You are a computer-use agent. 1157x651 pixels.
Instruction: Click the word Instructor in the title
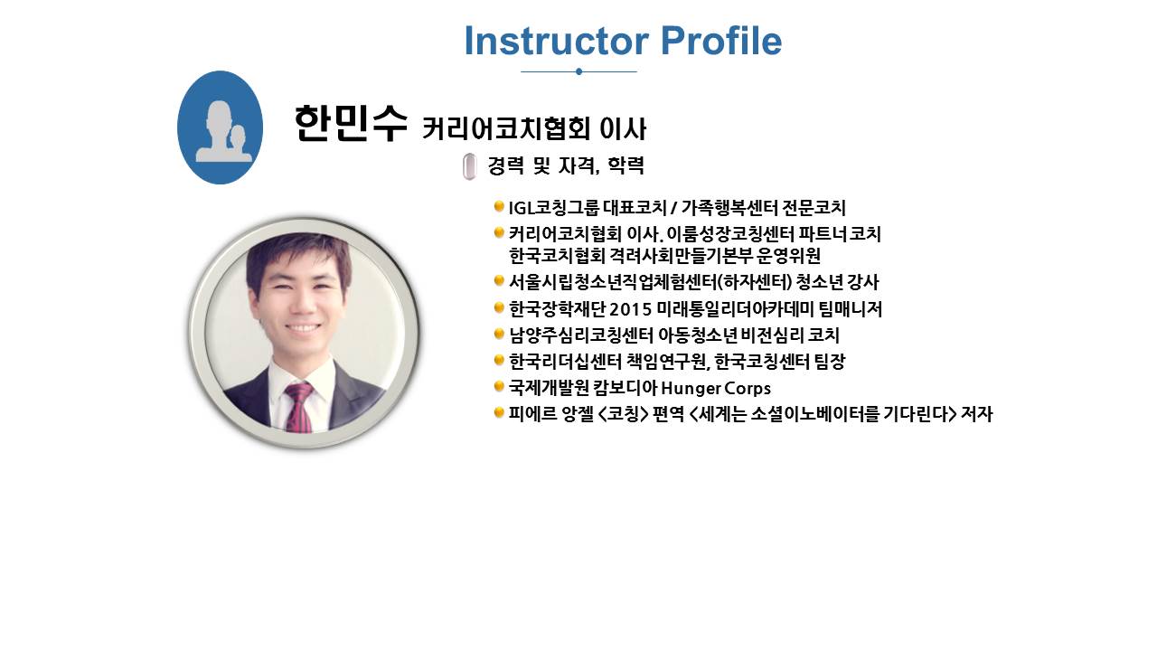coord(557,41)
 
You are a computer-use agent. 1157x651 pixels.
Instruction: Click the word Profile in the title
coord(721,41)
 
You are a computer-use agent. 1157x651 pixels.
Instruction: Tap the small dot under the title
coord(578,71)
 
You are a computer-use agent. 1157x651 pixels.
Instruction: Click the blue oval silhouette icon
coord(220,127)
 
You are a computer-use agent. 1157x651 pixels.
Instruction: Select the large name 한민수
coord(352,123)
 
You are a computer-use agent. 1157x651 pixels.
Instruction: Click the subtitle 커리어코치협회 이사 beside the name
coord(534,128)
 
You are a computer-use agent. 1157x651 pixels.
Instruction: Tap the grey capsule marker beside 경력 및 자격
coord(469,166)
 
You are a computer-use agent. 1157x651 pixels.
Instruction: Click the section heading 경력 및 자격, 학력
coord(566,165)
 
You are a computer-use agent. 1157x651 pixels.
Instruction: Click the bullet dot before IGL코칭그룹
coord(499,207)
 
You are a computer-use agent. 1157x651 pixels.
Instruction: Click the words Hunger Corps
coord(716,388)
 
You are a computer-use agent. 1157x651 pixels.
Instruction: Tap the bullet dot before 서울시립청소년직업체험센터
coord(499,280)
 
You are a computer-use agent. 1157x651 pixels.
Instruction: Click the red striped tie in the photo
coord(299,407)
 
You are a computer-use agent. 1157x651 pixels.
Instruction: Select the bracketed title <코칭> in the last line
coord(623,414)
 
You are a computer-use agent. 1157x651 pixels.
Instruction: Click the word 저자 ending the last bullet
coord(977,414)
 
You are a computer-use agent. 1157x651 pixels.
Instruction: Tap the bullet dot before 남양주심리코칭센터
coord(499,334)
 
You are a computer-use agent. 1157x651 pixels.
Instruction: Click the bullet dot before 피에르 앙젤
coord(499,412)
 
